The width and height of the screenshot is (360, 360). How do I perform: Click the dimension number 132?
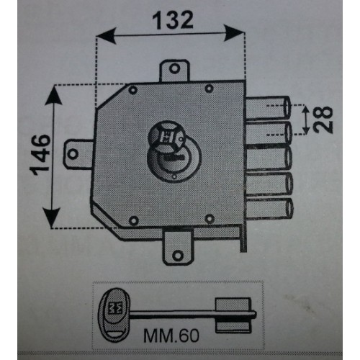[173, 20]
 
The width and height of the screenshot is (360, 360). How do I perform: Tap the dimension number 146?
[40, 155]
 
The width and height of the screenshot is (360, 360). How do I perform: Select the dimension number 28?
[323, 120]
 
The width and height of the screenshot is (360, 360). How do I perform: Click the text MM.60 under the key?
[171, 336]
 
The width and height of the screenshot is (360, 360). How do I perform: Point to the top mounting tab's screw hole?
[174, 69]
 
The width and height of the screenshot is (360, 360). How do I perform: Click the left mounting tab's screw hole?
[73, 153]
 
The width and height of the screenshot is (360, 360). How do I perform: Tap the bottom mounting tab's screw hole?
[178, 256]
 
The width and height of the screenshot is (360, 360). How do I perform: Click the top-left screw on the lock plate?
[133, 90]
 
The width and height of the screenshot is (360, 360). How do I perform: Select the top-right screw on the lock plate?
[210, 89]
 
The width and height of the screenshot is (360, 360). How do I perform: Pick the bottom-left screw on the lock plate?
[134, 220]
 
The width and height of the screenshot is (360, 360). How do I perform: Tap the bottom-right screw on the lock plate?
[210, 218]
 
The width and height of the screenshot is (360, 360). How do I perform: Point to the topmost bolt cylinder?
[269, 107]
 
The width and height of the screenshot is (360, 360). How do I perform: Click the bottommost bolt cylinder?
[270, 208]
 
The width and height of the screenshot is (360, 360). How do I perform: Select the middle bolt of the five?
[269, 158]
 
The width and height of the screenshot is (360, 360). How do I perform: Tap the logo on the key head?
[115, 308]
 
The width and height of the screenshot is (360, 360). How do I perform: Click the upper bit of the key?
[233, 305]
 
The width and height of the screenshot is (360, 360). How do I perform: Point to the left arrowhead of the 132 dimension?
[107, 36]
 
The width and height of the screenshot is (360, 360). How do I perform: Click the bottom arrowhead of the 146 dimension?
[52, 217]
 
